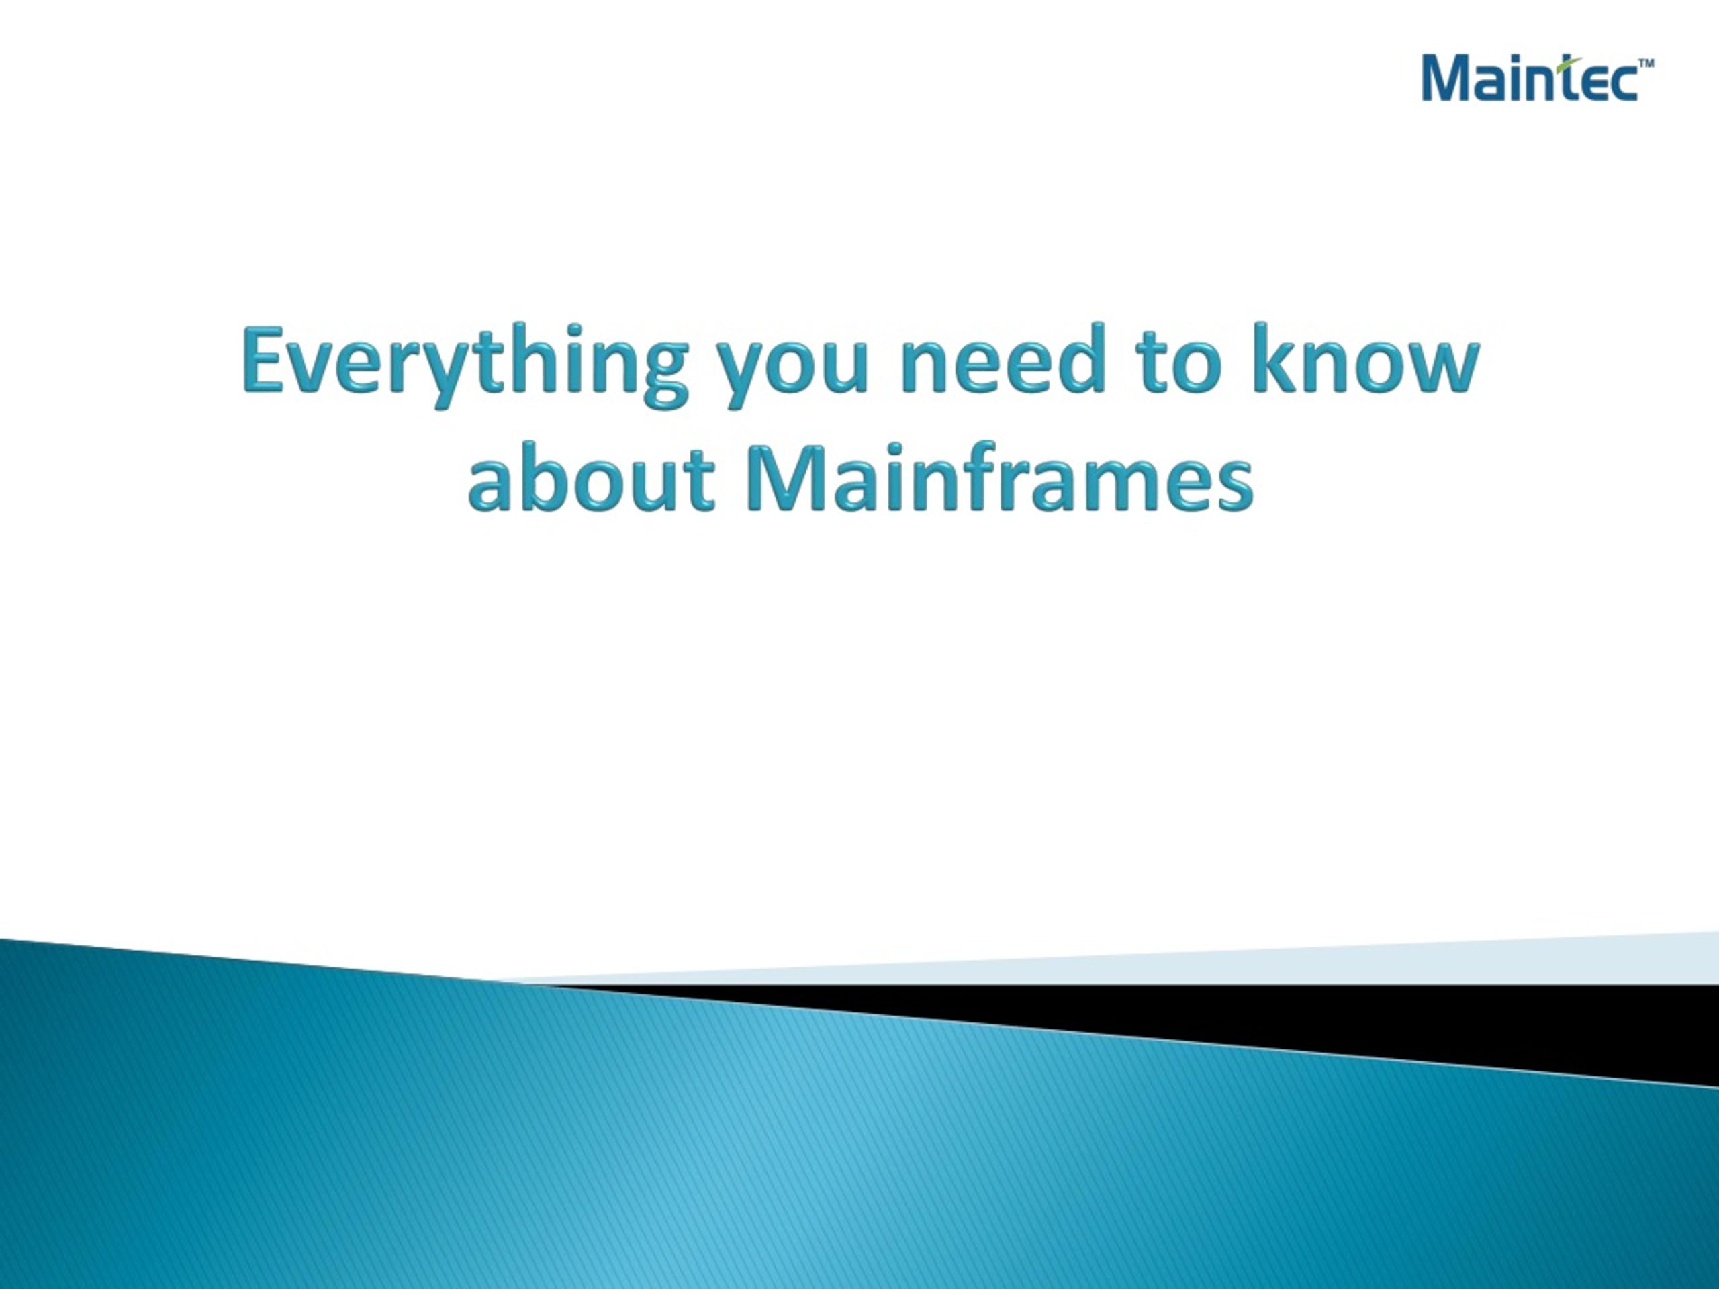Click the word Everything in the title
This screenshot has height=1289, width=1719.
(x=464, y=365)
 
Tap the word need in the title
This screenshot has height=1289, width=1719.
(x=1003, y=360)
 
